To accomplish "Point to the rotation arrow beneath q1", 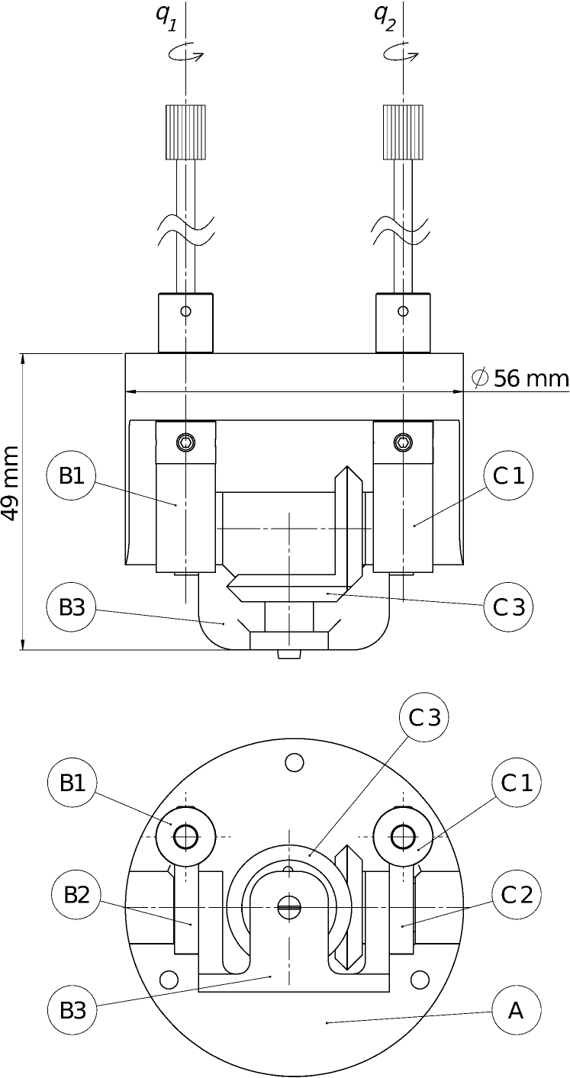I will (x=185, y=53).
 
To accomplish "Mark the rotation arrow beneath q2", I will (x=401, y=53).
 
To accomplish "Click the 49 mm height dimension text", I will (x=11, y=484).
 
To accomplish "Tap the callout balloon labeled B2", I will (x=76, y=896).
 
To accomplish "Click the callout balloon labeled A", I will (x=516, y=1012).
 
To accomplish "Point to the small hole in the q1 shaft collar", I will (x=185, y=311).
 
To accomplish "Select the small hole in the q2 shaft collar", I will (x=403, y=311).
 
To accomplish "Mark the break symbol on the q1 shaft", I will (x=185, y=229).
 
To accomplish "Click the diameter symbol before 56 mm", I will (x=480, y=378).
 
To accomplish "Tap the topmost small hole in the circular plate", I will (x=294, y=761).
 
